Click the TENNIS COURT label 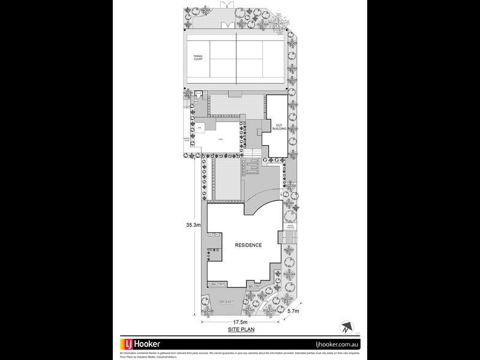[197, 58]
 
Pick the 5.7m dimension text [292, 311]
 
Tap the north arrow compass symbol [346, 328]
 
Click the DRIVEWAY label [226, 301]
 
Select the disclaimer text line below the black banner [240, 354]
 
